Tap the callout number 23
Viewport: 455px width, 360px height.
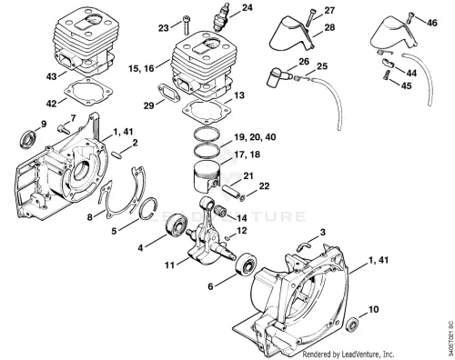(164, 28)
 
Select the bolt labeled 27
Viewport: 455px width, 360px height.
(310, 17)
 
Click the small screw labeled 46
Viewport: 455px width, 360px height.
(410, 17)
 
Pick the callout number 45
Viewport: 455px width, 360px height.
(406, 85)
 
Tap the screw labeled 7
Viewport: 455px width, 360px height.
(63, 129)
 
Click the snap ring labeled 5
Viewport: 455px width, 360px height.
(148, 209)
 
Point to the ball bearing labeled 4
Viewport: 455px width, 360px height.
(176, 225)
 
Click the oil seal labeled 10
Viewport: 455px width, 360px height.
(352, 325)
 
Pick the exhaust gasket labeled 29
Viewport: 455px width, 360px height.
(169, 92)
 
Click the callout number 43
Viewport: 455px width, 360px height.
(51, 76)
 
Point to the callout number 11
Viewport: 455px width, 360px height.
(169, 265)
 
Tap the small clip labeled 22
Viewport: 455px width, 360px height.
(243, 199)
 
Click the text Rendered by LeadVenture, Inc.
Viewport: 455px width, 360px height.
(349, 354)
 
